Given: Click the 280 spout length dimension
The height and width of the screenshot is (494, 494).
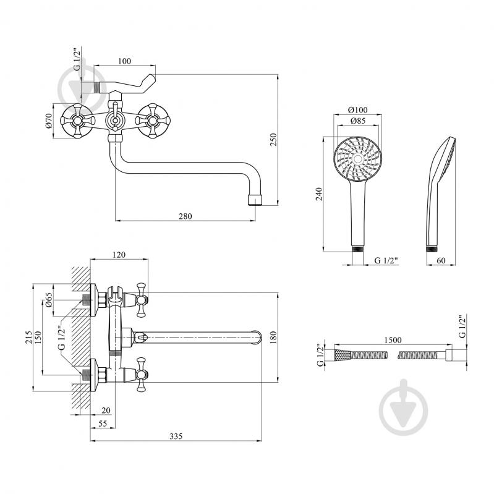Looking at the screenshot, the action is click(x=185, y=216).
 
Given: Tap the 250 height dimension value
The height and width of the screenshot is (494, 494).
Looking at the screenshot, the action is click(x=273, y=140).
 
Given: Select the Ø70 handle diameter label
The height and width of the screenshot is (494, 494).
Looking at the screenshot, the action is click(x=48, y=121).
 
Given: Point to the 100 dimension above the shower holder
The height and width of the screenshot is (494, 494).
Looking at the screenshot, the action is click(x=124, y=61).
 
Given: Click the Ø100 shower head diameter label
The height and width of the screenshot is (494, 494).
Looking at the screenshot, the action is click(x=357, y=109).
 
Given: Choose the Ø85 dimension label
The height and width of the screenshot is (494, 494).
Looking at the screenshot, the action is click(x=357, y=121).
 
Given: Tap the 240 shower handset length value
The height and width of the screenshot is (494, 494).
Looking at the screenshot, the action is click(x=319, y=194).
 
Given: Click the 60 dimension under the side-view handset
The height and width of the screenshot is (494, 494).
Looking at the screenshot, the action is click(x=441, y=260).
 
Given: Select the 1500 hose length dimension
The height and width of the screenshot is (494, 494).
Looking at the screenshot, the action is click(x=393, y=340).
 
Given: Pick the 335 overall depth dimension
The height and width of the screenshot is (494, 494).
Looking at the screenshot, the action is click(x=176, y=436).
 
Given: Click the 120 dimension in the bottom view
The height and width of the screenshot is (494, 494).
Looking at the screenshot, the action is click(x=119, y=254).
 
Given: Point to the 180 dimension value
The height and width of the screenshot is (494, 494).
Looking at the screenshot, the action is click(x=273, y=338).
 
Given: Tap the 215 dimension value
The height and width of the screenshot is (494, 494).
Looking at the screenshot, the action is click(x=28, y=338).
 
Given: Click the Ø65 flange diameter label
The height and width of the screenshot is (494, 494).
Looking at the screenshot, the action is click(x=48, y=300).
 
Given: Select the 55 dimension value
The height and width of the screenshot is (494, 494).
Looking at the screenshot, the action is click(x=103, y=424).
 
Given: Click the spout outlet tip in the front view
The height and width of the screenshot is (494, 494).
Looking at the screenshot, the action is click(x=255, y=200).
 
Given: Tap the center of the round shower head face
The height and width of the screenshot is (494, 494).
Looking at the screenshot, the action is click(x=357, y=158).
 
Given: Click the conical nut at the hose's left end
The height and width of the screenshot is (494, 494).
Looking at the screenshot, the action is click(x=342, y=356).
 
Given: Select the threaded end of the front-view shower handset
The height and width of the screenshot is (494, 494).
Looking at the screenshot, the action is click(x=357, y=249).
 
